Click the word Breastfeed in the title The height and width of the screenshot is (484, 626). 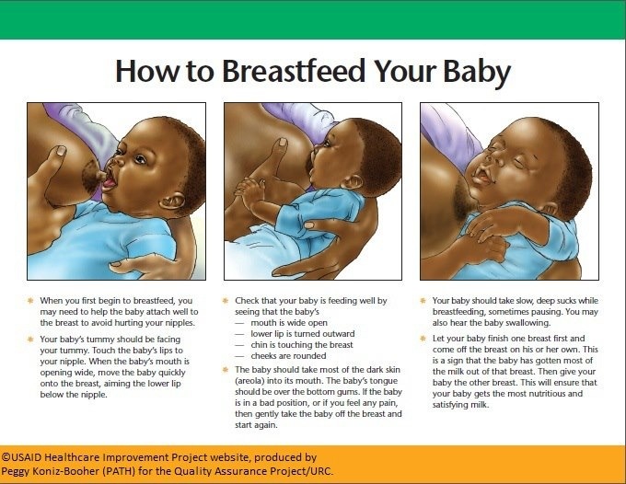tap(294, 71)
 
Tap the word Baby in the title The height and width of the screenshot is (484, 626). tap(477, 72)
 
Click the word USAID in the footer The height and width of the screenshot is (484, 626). tap(27, 457)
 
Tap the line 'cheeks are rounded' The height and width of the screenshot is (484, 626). tap(288, 356)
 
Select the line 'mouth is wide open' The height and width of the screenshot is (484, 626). tap(289, 323)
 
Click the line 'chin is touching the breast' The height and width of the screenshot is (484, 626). tap(302, 345)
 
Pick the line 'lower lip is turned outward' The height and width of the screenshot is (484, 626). tap(303, 334)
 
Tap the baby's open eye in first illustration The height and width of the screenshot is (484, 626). tap(140, 159)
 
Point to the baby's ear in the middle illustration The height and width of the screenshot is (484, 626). tap(352, 181)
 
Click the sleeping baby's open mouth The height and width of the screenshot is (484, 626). tap(483, 176)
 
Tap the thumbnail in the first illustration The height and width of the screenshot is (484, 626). tap(61, 151)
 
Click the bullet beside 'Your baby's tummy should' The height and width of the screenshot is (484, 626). tap(30, 340)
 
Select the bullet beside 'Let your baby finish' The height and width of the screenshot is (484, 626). tap(423, 339)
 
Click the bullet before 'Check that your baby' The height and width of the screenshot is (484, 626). tap(226, 301)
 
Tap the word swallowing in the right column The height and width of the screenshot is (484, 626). tap(527, 323)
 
